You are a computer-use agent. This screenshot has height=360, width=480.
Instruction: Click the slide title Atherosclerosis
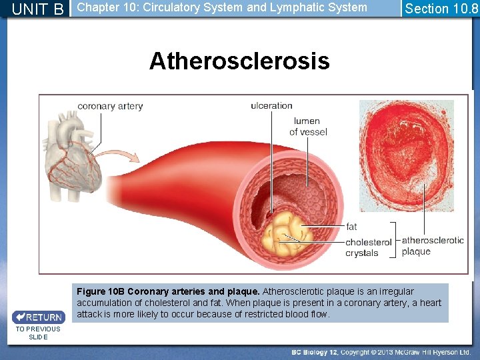[239, 61]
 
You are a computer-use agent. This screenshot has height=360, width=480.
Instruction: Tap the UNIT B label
[38, 9]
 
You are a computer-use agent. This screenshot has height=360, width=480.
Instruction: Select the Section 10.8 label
[441, 9]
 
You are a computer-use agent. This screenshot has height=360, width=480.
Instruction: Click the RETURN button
[39, 317]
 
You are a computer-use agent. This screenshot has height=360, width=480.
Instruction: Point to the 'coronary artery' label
[110, 106]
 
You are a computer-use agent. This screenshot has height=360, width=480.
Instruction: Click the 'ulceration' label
[271, 105]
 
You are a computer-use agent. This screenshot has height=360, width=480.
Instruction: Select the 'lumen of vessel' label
[307, 127]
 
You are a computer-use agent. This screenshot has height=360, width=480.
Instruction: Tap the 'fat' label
[351, 227]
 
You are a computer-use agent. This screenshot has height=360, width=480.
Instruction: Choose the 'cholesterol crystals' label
[368, 247]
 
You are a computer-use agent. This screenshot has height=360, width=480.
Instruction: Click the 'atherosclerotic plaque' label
[433, 245]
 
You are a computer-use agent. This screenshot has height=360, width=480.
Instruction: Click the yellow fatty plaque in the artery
[287, 233]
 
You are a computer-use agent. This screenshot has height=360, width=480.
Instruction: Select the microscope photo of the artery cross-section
[406, 155]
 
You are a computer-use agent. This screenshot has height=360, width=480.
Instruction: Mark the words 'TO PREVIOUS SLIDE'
[38, 333]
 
